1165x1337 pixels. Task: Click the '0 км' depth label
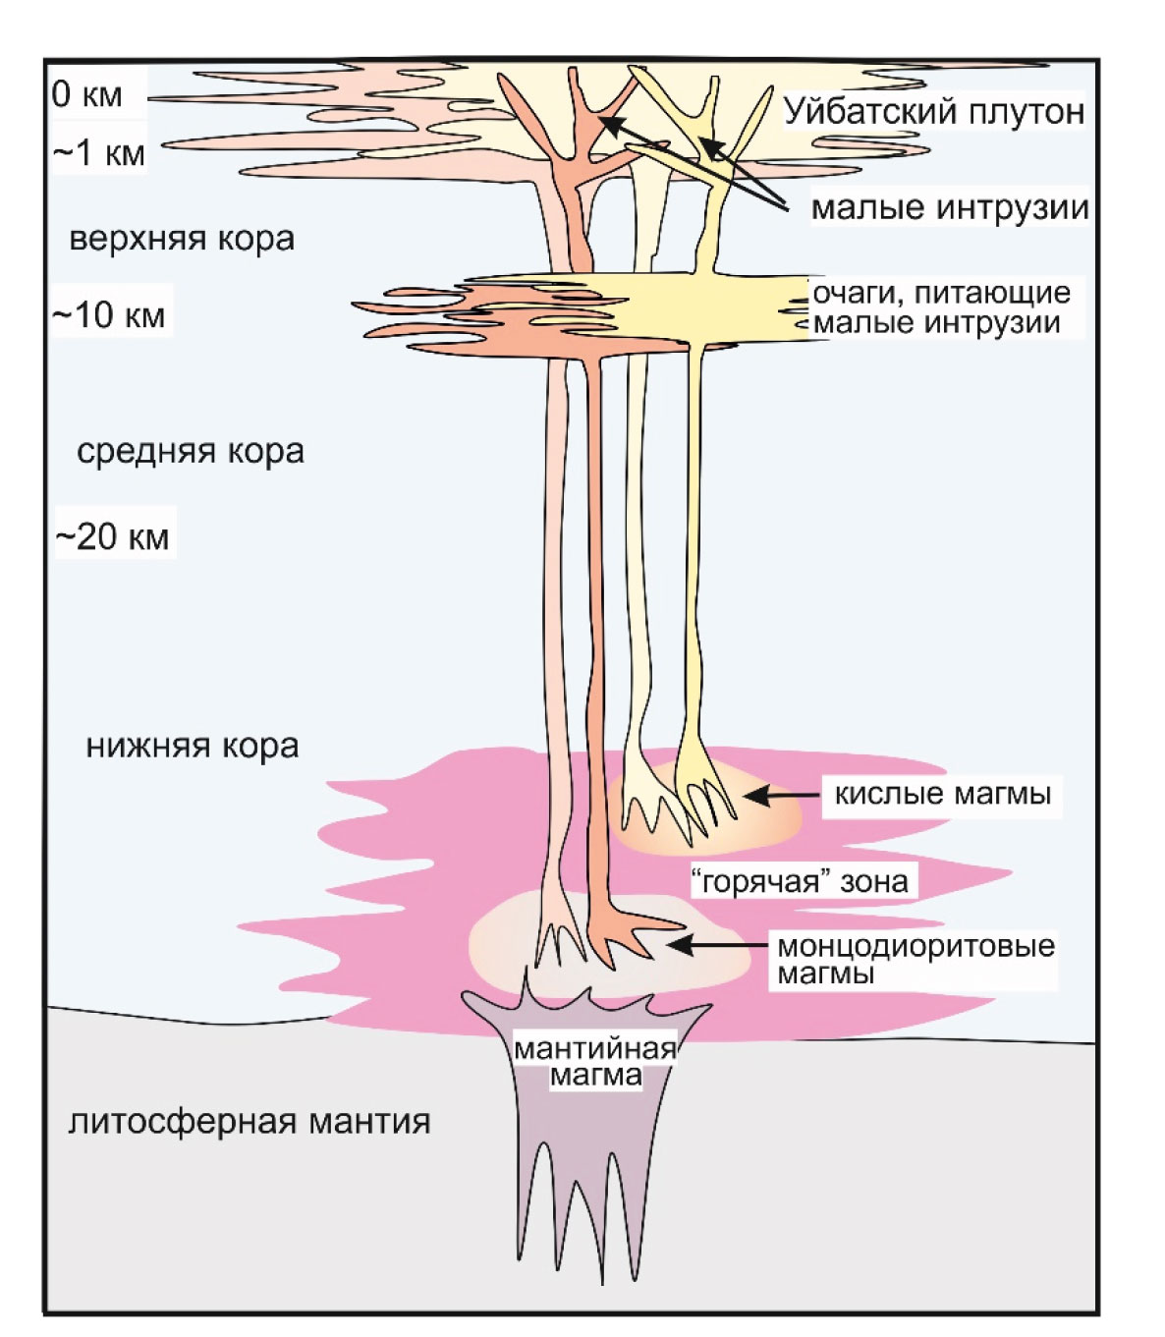86,94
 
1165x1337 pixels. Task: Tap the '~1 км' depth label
98,153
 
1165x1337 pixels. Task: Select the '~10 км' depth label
108,315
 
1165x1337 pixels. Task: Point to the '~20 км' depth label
113,537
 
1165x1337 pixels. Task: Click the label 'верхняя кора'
182,239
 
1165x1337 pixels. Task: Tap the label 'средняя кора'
191,452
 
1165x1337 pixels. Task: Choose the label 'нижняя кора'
193,747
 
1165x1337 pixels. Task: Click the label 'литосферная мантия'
250,1121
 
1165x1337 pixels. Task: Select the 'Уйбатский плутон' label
933,111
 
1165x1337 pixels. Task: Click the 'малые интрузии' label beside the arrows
950,207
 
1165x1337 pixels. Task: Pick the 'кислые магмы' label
942,794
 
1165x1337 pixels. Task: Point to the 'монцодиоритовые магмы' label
915,960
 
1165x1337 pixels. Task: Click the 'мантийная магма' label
595,1061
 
